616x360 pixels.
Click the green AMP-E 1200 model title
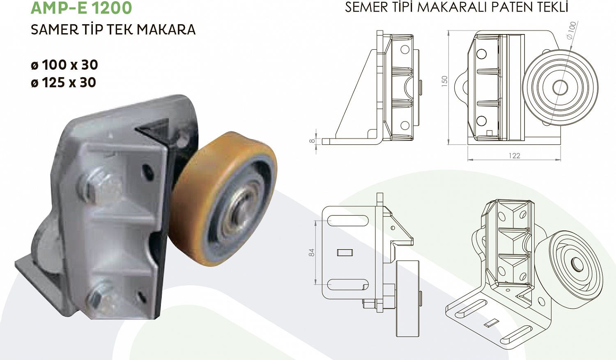[81, 8]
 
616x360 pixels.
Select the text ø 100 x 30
[64, 65]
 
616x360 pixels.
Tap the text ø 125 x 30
[63, 83]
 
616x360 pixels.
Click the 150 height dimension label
[444, 81]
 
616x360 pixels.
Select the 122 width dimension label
[514, 156]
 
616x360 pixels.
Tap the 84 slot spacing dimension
[312, 252]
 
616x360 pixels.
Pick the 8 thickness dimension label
[313, 141]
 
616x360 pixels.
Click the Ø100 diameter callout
[571, 31]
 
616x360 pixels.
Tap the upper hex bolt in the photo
[99, 185]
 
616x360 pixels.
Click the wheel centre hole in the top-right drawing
[560, 87]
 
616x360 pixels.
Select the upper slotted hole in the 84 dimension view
[347, 221]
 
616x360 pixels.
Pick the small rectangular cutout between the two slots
[345, 252]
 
